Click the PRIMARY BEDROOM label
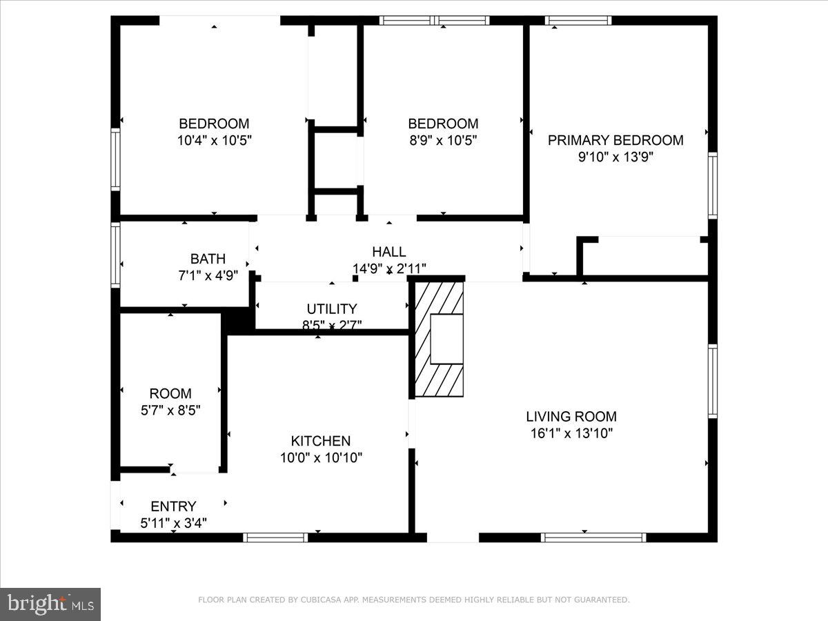click(615, 140)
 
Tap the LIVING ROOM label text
click(571, 417)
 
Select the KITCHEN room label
click(321, 441)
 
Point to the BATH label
click(208, 259)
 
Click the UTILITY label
click(332, 309)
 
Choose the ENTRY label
click(173, 506)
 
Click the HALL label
click(389, 252)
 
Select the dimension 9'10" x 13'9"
click(615, 157)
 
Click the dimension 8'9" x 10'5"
click(443, 140)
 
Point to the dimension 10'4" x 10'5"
click(214, 140)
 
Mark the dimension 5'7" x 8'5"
click(170, 410)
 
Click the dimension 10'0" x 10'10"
click(321, 457)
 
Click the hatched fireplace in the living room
click(439, 338)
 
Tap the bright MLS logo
click(50, 604)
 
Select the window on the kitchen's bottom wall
click(276, 537)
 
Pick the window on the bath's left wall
click(115, 253)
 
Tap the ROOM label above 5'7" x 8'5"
click(170, 394)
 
